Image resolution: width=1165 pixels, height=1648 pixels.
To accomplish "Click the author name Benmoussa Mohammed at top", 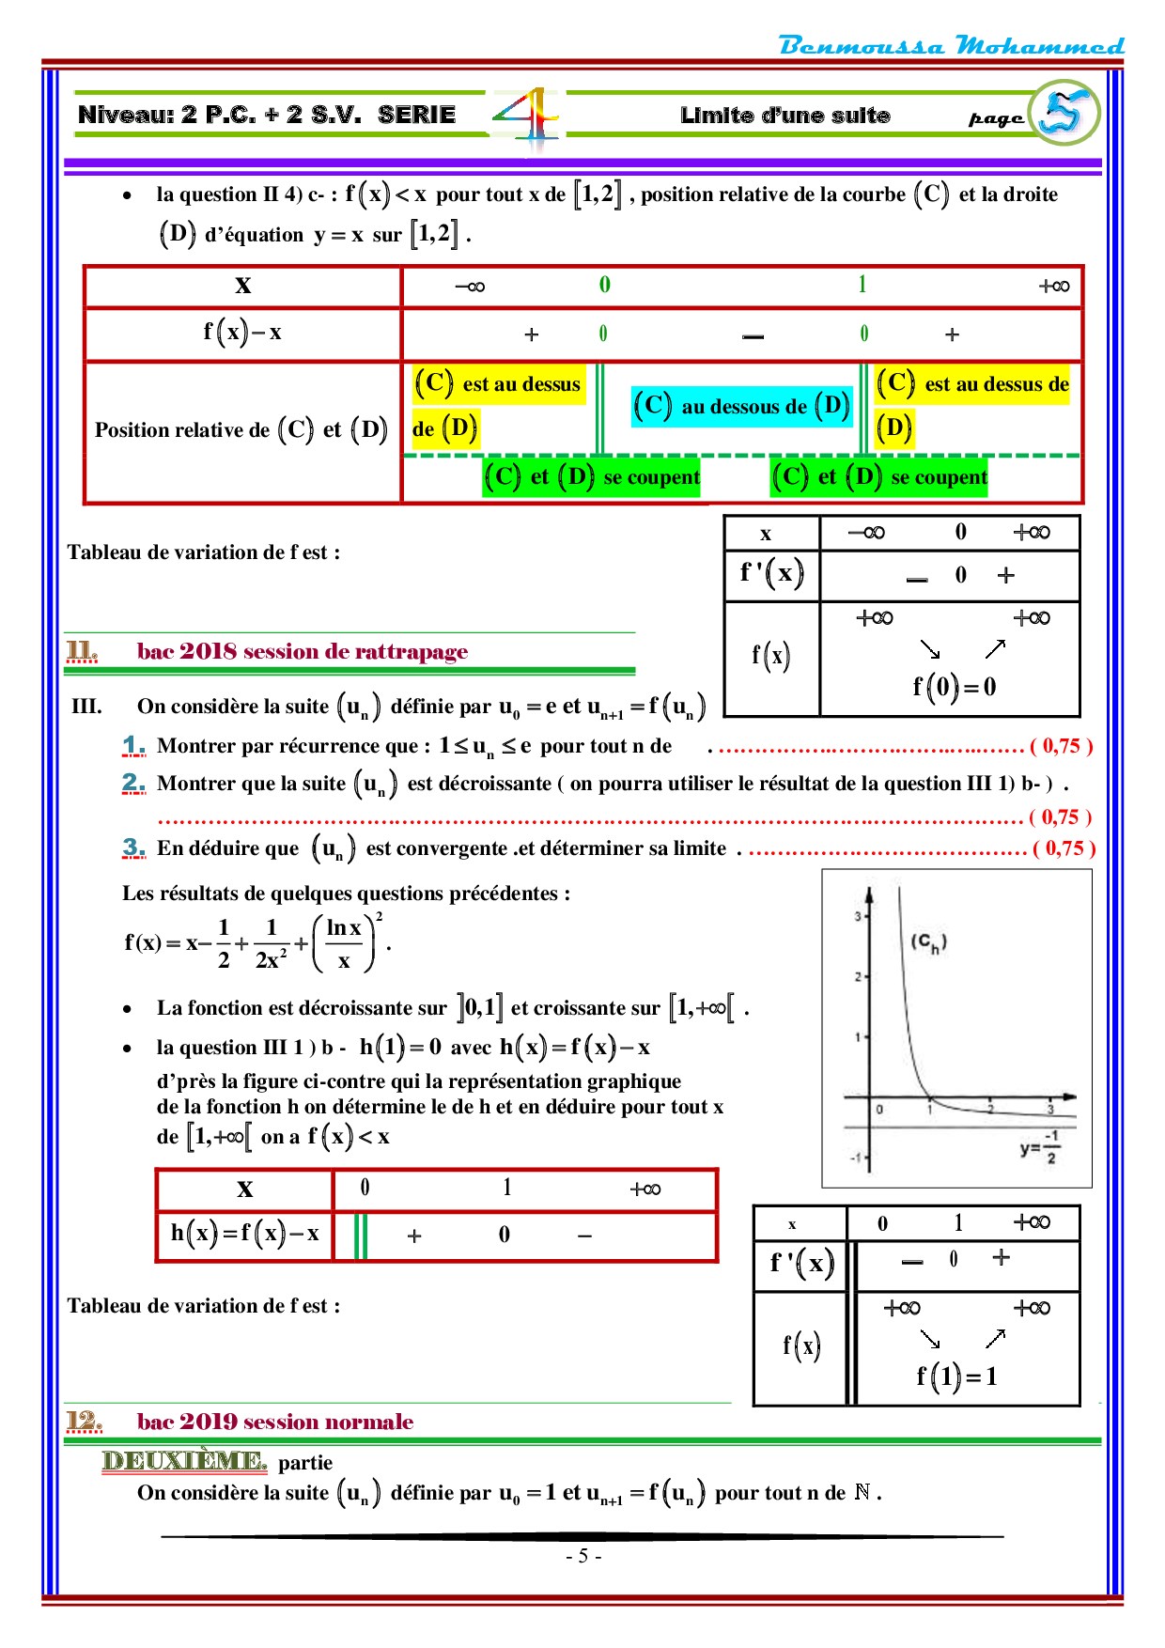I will pos(951,45).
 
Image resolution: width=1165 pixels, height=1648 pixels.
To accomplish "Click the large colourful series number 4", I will pos(527,117).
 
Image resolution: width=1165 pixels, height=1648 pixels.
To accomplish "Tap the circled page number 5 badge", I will pos(1065,113).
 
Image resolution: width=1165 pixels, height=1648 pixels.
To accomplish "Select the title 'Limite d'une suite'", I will pos(784,116).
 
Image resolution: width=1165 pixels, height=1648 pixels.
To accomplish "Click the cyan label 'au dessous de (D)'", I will pos(742,407).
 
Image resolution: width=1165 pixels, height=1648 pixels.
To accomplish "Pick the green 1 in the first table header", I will pos(862,285).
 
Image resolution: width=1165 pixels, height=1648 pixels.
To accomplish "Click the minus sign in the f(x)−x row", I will pos(753,335).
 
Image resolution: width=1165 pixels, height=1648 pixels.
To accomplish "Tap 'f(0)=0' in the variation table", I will pos(954,688).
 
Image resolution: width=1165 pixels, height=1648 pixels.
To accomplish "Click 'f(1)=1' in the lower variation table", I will pos(956,1377).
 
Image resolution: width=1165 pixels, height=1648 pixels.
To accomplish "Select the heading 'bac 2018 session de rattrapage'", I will pos(302,651).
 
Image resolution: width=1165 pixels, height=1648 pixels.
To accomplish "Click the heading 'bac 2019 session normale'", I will pos(274,1422).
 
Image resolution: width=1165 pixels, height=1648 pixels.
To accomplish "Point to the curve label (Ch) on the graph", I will pos(928,942).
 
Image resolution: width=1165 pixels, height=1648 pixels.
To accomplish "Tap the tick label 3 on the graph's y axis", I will pos(857,916).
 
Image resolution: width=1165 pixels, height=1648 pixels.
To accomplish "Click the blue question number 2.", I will pos(133,783).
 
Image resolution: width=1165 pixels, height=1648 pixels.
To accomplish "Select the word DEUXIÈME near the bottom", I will pos(184,1461).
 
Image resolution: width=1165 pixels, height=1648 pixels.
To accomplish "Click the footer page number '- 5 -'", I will pos(583,1556).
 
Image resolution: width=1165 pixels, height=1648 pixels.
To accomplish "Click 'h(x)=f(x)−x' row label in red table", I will pos(244,1234).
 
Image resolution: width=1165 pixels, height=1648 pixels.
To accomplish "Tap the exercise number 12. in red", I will pos(84,1422).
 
